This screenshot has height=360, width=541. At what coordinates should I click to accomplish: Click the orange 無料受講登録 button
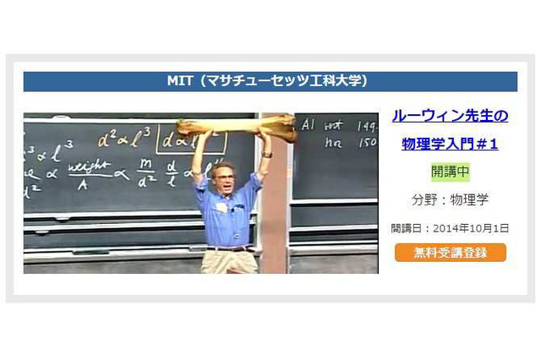[450, 253]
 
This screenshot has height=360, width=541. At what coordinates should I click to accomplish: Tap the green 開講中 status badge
[450, 172]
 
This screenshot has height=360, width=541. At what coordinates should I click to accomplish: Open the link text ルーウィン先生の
[450, 116]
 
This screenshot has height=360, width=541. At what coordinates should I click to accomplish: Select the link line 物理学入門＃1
[450, 144]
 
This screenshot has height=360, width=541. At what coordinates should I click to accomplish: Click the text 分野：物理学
[450, 200]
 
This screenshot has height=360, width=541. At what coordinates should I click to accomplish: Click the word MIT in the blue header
[180, 82]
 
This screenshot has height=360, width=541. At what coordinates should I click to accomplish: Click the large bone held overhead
[237, 128]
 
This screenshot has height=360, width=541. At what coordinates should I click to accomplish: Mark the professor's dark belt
[227, 248]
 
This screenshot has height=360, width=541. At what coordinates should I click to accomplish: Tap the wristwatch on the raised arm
[266, 155]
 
